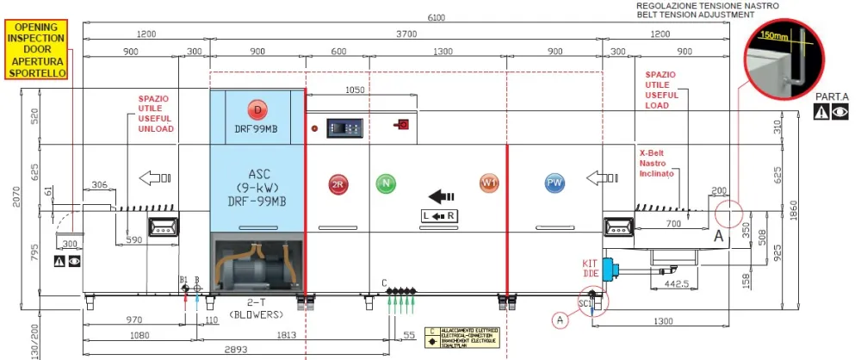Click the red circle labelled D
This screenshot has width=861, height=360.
(x=257, y=109)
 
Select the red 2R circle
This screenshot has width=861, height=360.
(x=338, y=183)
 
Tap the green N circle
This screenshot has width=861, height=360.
(x=385, y=183)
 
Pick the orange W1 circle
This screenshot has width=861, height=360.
(x=489, y=183)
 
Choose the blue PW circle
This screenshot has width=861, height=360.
(x=554, y=183)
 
